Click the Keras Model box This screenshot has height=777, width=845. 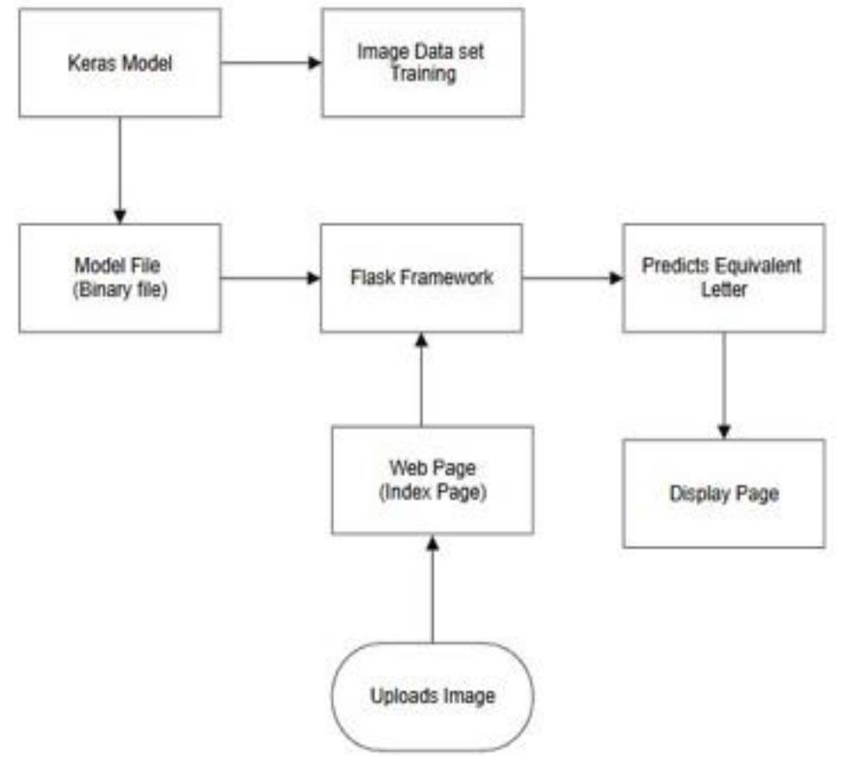pyautogui.click(x=120, y=63)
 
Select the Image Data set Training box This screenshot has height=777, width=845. pyautogui.click(x=422, y=63)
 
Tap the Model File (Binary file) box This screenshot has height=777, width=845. pyautogui.click(x=120, y=278)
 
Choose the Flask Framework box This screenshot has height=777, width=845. pyautogui.click(x=421, y=278)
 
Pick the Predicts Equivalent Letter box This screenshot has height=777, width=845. pyautogui.click(x=724, y=278)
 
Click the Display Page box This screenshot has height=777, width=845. pyautogui.click(x=724, y=493)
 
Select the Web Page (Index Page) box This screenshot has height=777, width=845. pyautogui.click(x=432, y=480)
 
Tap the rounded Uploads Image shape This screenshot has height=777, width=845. pyautogui.click(x=432, y=696)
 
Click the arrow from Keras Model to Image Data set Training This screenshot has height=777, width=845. pyautogui.click(x=270, y=63)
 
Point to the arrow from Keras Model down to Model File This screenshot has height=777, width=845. pyautogui.click(x=120, y=170)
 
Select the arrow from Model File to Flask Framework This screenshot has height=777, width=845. pyautogui.click(x=270, y=278)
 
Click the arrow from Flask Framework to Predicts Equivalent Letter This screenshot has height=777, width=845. pyautogui.click(x=572, y=278)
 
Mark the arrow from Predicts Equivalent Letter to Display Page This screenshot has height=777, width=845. pyautogui.click(x=724, y=385)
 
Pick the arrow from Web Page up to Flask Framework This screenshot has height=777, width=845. pyautogui.click(x=421, y=379)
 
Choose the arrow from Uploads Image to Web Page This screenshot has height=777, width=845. pyautogui.click(x=432, y=589)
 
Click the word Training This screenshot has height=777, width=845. pyautogui.click(x=422, y=74)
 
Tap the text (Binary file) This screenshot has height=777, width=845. pyautogui.click(x=120, y=289)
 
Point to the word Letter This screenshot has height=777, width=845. pyautogui.click(x=724, y=289)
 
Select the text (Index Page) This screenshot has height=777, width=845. pyautogui.click(x=432, y=491)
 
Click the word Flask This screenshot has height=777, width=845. pyautogui.click(x=371, y=278)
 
